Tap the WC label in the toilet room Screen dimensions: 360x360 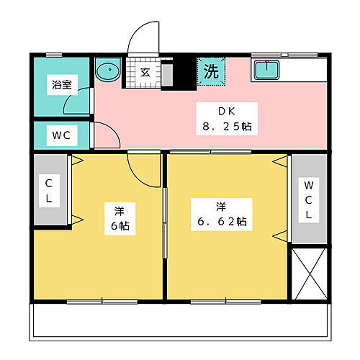pos(60,134)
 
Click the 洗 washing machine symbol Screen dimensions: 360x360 pos(211,71)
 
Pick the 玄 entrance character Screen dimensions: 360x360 pos(145,72)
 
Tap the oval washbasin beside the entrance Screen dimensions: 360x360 pos(109,72)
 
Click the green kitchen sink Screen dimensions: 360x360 pos(266,69)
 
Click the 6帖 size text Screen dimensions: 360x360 pos(119,225)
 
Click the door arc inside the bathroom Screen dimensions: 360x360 pos(77,101)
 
